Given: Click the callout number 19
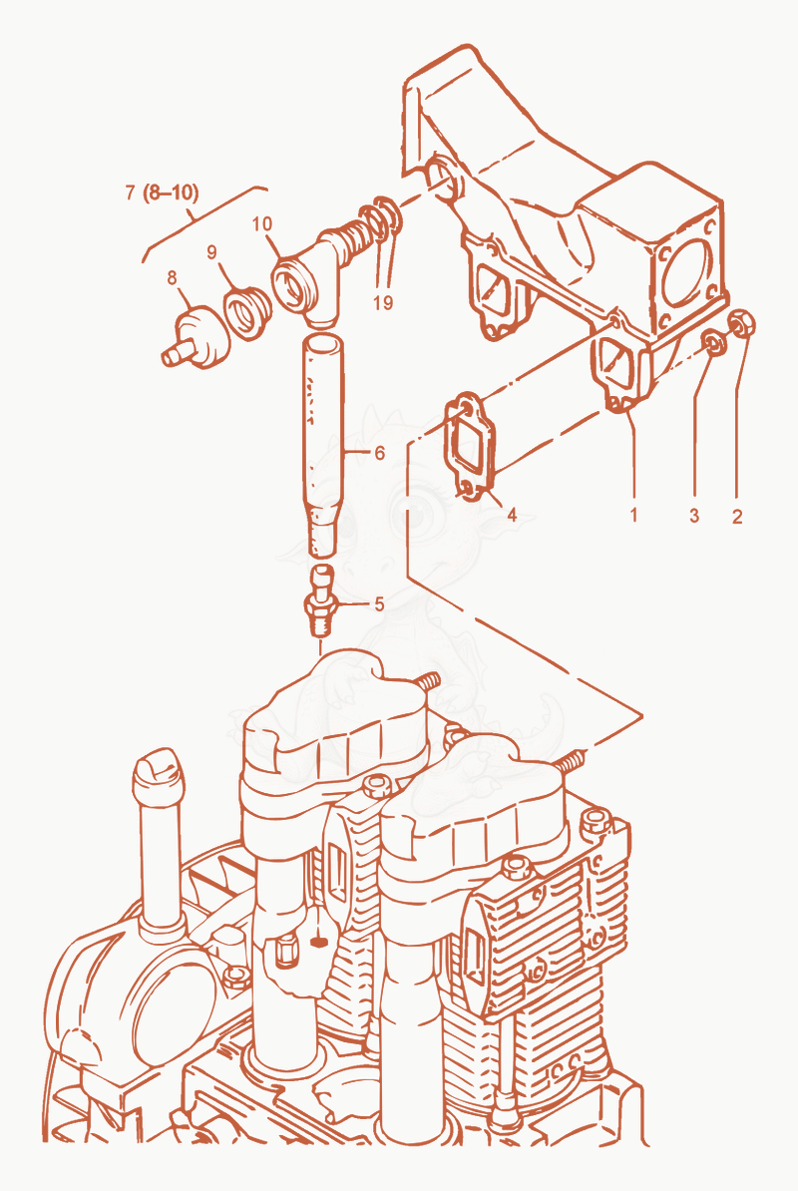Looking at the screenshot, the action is click(383, 302).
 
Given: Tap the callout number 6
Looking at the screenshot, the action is click(380, 453).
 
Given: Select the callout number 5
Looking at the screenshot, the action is click(379, 604).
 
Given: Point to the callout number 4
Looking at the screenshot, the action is click(512, 515).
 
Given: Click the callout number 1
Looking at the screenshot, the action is click(633, 515).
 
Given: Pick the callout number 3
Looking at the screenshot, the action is click(694, 516).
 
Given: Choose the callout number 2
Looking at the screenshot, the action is click(737, 517).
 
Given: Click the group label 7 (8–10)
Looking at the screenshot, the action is click(162, 193).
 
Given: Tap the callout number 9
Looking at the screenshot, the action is click(211, 252).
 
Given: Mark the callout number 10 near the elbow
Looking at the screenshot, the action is click(262, 224).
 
